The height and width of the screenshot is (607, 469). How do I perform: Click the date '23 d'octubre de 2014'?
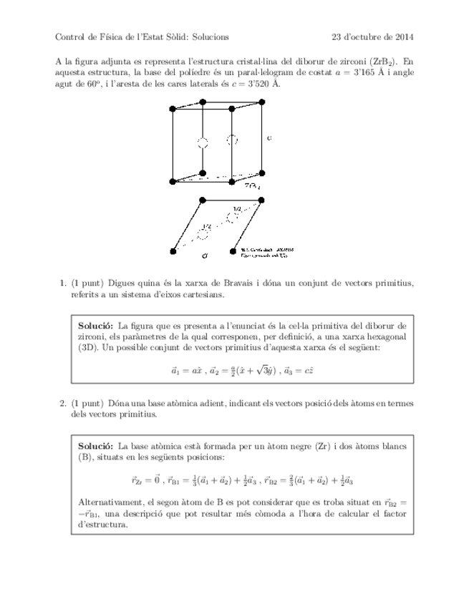click(x=372, y=37)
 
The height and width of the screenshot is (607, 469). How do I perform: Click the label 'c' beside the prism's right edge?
click(x=269, y=138)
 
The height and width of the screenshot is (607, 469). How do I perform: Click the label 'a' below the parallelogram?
click(x=205, y=255)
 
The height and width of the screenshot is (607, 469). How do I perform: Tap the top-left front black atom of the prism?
click(x=172, y=109)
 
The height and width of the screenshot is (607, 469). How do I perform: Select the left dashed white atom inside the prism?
click(x=203, y=142)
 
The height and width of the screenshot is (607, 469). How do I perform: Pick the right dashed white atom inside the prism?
click(x=231, y=140)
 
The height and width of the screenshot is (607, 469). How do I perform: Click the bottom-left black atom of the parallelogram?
click(x=173, y=251)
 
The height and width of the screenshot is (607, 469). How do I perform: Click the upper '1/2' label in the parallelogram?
click(x=236, y=210)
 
